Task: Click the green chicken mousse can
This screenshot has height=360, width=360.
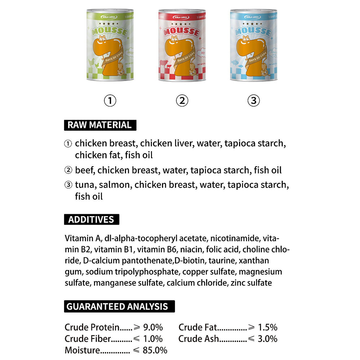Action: click(x=110, y=45)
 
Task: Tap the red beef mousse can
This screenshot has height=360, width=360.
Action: click(x=182, y=45)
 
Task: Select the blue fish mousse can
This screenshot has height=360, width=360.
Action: click(x=253, y=45)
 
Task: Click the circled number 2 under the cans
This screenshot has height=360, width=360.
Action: click(x=182, y=101)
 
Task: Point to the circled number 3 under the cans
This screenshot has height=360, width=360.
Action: click(x=253, y=101)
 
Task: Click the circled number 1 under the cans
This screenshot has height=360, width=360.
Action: click(x=110, y=101)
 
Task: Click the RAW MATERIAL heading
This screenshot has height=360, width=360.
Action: click(x=100, y=125)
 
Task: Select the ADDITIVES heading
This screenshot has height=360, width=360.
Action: click(x=91, y=220)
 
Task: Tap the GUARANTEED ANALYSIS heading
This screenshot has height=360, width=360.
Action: click(x=117, y=307)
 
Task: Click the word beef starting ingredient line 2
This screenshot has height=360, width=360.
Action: click(x=85, y=170)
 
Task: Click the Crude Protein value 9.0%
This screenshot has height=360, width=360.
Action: click(x=153, y=328)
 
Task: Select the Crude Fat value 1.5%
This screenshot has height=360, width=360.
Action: click(x=267, y=328)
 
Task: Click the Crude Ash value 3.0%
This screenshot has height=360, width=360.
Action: click(x=267, y=339)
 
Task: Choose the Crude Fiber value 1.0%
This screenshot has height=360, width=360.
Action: click(x=153, y=339)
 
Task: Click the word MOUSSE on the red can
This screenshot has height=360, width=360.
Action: click(x=182, y=32)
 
